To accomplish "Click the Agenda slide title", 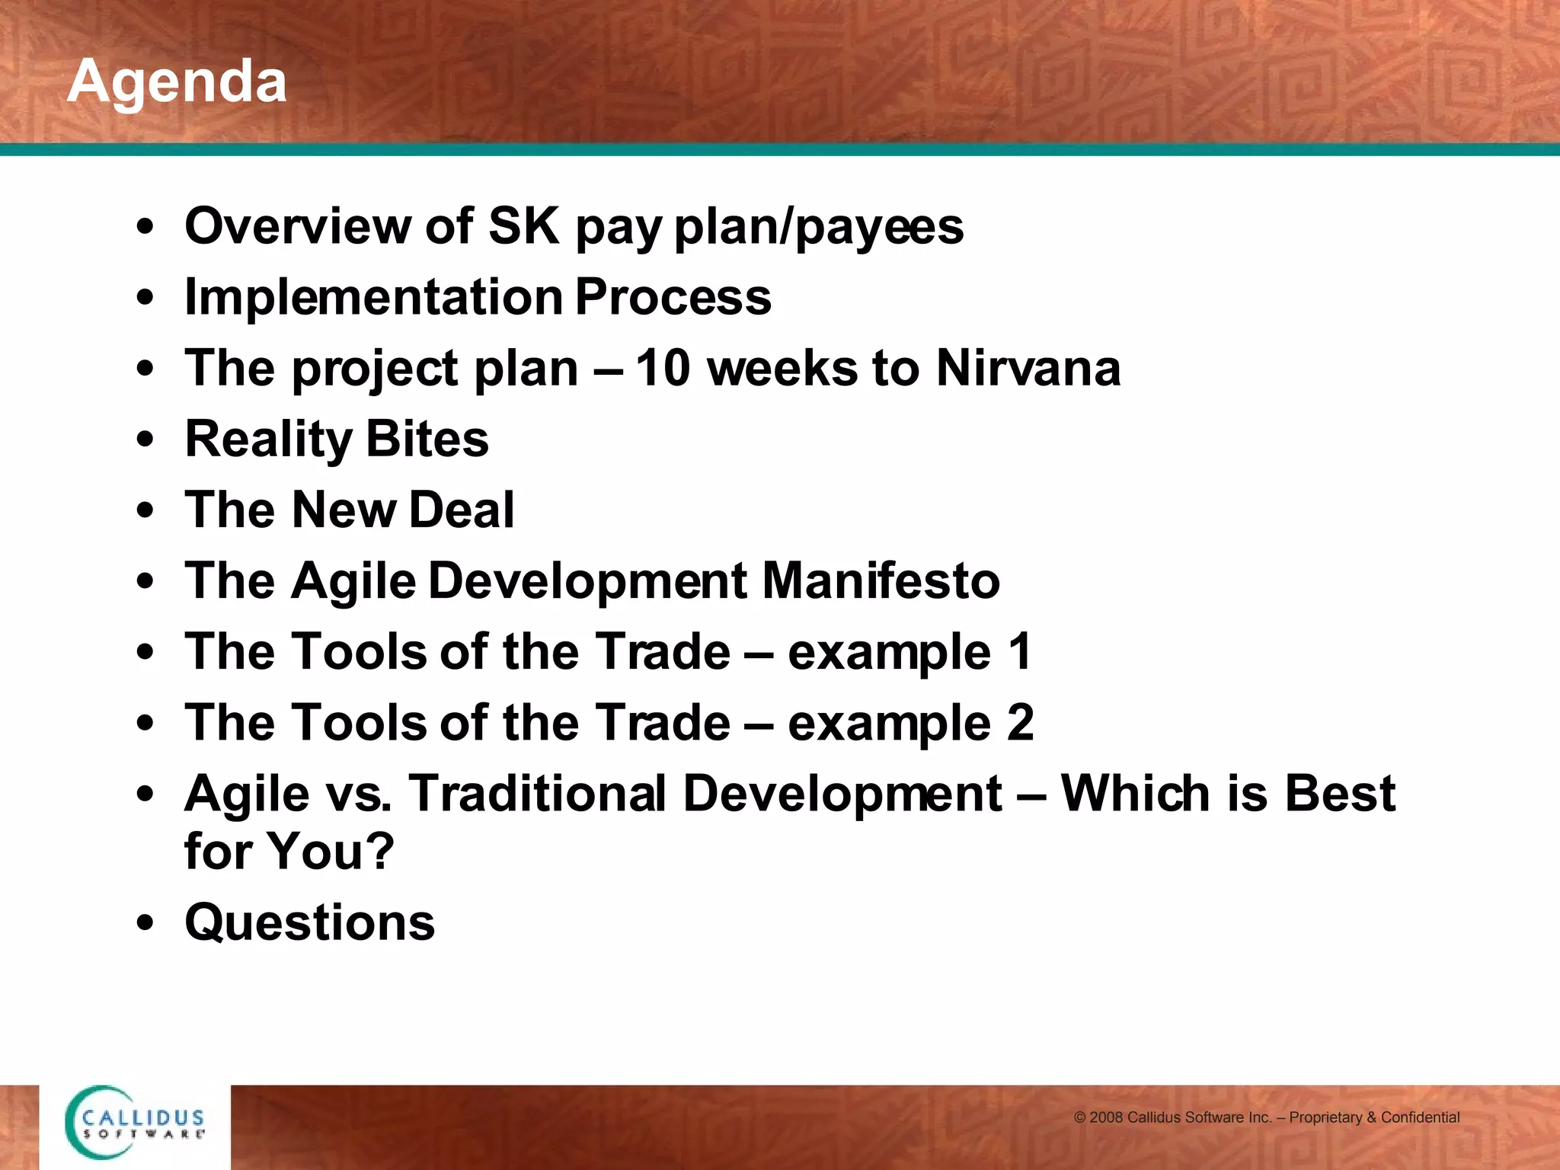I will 177,82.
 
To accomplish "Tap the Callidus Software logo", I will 136,1123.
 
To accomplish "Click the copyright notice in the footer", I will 1266,1117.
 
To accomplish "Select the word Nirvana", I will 1028,369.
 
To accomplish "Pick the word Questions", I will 309,922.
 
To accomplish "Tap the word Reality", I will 268,440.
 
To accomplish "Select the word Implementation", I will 373,297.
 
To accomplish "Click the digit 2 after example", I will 1020,723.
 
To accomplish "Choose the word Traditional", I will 538,794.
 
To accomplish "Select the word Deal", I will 462,510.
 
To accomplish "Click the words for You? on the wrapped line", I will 289,852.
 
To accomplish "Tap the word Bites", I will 427,440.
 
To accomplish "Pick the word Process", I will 673,297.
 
